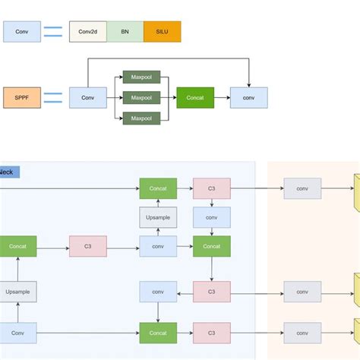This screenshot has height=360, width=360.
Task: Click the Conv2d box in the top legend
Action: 87,31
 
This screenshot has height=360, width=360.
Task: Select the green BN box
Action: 125,31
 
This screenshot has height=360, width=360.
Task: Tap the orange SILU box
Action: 163,31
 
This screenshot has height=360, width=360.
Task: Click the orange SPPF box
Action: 22,97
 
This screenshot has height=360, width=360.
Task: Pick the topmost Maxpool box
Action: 141,77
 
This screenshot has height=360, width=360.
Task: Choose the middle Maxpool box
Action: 141,97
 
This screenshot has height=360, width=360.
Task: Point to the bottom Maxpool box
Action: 141,118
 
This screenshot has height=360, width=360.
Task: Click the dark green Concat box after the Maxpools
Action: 195,97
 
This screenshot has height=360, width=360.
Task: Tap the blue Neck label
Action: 9,172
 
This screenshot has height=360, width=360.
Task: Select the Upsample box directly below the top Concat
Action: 158,217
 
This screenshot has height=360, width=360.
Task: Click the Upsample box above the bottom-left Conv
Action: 17,292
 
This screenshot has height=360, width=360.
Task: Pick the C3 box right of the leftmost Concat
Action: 88,246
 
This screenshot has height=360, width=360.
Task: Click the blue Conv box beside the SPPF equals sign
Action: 88,97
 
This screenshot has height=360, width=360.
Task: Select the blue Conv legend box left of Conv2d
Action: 22,31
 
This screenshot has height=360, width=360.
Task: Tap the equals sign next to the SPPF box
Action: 53,97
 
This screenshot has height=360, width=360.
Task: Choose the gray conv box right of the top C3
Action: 302,188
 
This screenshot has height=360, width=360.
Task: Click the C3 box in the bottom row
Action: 212,333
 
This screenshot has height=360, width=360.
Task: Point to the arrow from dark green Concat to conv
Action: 222,97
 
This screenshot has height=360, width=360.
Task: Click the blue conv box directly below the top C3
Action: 212,217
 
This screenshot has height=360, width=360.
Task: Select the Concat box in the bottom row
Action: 158,333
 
